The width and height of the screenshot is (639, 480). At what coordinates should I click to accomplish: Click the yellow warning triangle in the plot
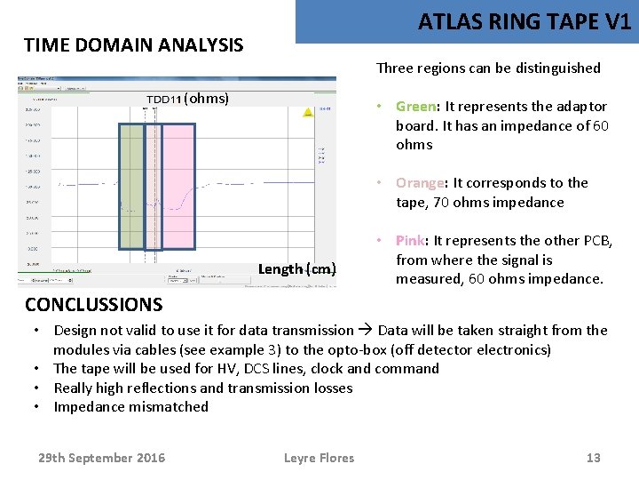click(307, 113)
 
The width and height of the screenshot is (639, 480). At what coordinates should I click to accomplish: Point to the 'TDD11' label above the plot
click(165, 99)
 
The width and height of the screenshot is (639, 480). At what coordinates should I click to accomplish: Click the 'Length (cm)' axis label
click(296, 269)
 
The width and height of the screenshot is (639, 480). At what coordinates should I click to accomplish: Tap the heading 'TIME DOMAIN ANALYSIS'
click(133, 44)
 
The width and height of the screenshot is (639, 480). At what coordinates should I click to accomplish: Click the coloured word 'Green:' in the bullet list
click(416, 107)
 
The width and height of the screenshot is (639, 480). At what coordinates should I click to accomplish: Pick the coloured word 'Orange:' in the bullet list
click(421, 183)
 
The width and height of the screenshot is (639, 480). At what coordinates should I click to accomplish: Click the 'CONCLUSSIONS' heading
click(93, 305)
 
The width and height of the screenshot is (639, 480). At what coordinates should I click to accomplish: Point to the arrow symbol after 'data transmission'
click(366, 331)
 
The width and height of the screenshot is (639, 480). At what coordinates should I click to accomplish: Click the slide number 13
click(594, 458)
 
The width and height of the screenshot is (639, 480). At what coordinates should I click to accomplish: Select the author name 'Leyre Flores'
click(319, 458)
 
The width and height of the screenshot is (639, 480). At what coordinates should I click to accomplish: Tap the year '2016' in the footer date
click(146, 458)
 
